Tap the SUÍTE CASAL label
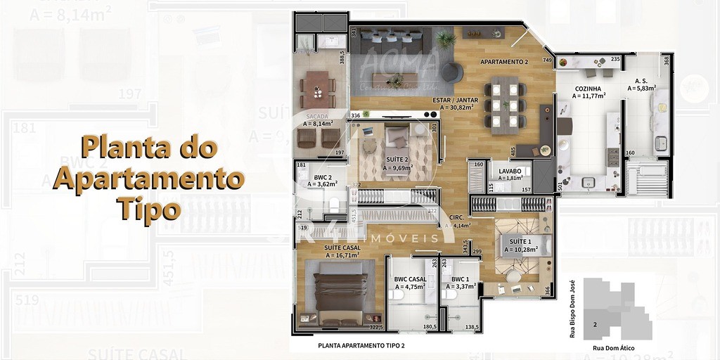[342, 247]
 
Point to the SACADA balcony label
[316, 115]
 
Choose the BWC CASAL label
[411, 279]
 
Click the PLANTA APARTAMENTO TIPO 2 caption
[361, 345]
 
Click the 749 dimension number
[547, 60]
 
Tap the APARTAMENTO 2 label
[503, 62]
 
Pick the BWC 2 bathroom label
[322, 177]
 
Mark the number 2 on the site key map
[595, 325]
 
